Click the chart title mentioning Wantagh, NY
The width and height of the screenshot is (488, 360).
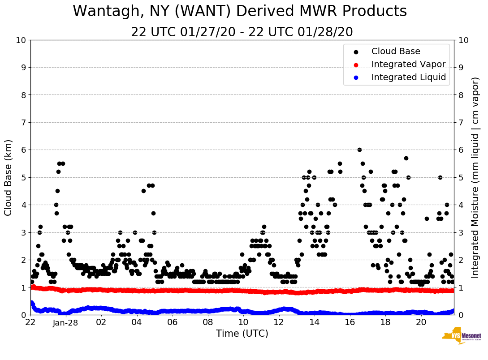coord(240,11)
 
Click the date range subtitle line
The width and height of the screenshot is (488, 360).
coord(242,32)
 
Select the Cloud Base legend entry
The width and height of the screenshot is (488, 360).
coord(396,51)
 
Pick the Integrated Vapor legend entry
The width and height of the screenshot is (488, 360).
coord(408,64)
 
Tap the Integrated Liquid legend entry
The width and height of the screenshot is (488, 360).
coord(409,77)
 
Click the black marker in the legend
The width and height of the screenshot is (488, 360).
coord(356,52)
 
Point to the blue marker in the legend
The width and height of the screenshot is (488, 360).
coord(356,78)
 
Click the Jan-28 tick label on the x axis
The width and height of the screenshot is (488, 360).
coord(66,322)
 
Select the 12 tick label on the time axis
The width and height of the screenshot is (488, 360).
coord(279,322)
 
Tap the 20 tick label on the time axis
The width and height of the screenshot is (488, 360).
coord(421,322)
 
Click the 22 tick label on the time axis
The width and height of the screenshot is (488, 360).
coord(30,322)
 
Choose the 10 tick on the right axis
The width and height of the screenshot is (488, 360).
coord(463,40)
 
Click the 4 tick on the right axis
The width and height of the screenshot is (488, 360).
coord(461,205)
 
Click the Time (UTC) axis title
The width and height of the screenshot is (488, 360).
coord(242,334)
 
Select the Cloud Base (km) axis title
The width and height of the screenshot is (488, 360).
coord(9,177)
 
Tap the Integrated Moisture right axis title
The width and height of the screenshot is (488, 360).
coord(475,177)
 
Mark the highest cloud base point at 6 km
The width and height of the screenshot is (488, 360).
coord(359,150)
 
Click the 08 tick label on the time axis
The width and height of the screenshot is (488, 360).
coord(208,322)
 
